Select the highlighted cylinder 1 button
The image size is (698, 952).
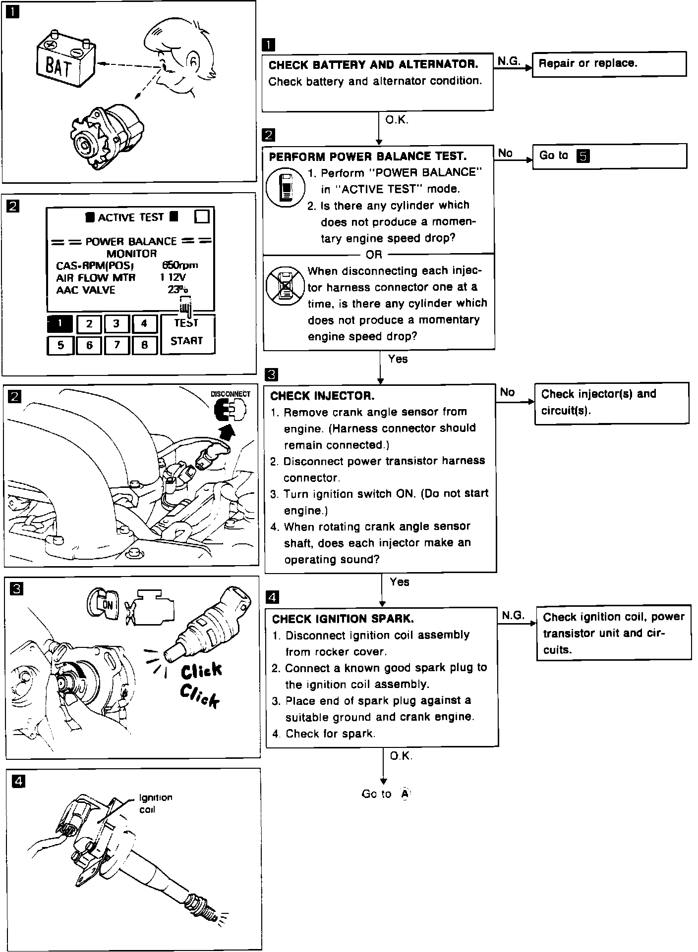coord(60,324)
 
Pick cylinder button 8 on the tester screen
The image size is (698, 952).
coord(144,345)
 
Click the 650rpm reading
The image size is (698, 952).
coord(180,265)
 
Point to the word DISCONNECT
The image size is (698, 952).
coord(231,394)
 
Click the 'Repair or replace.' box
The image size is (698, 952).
coord(609,64)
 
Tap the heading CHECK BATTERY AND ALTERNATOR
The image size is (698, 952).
coord(373,65)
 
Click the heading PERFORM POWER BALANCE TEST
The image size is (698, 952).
coord(367,157)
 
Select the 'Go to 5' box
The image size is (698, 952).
coord(609,156)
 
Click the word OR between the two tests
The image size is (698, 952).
coord(374,255)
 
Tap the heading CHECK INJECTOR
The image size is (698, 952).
coord(322,396)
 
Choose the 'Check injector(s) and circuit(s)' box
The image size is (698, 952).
coord(611,402)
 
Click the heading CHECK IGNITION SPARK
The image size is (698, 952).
coord(343,619)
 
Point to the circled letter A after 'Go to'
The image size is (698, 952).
coord(405,794)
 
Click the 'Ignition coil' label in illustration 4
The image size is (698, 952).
coord(155,803)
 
